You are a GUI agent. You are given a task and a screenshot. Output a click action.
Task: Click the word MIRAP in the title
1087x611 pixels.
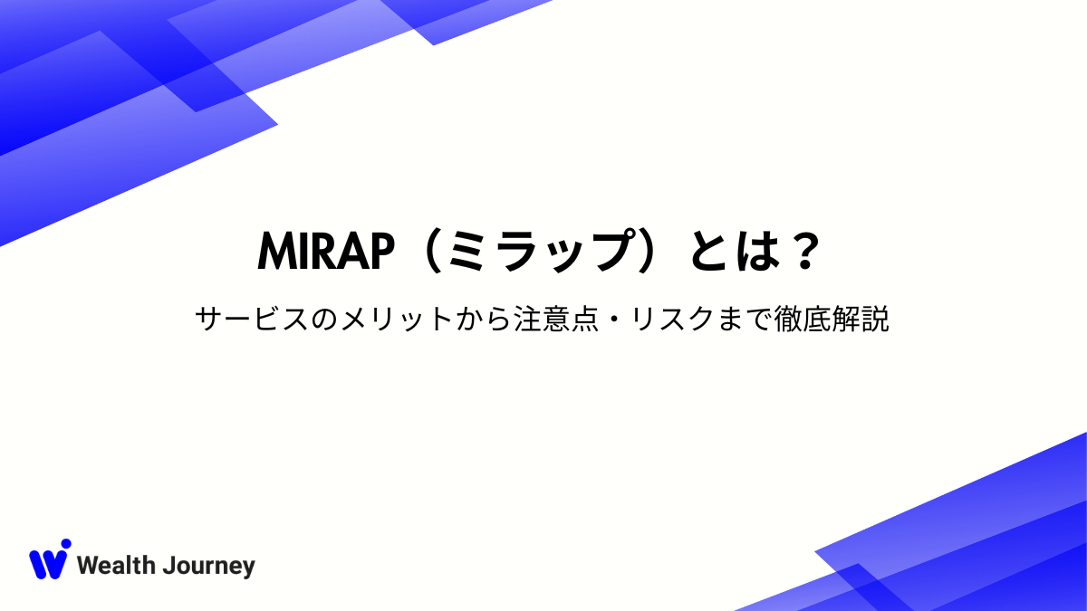329,252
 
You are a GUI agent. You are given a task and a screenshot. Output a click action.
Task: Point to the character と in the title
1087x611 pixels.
709,252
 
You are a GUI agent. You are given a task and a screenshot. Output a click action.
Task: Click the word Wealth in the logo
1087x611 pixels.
116,567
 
